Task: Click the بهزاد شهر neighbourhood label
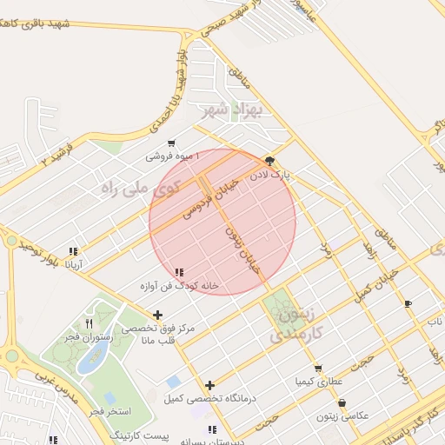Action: [224, 110]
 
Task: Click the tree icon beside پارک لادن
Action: [269, 161]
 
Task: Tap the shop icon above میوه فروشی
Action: [171, 143]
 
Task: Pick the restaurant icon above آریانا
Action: [74, 251]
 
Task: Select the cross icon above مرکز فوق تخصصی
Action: [157, 315]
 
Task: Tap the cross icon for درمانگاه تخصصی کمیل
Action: [209, 385]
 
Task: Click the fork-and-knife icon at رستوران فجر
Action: [89, 324]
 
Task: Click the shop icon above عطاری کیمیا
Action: [318, 369]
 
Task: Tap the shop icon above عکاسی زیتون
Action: [342, 403]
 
